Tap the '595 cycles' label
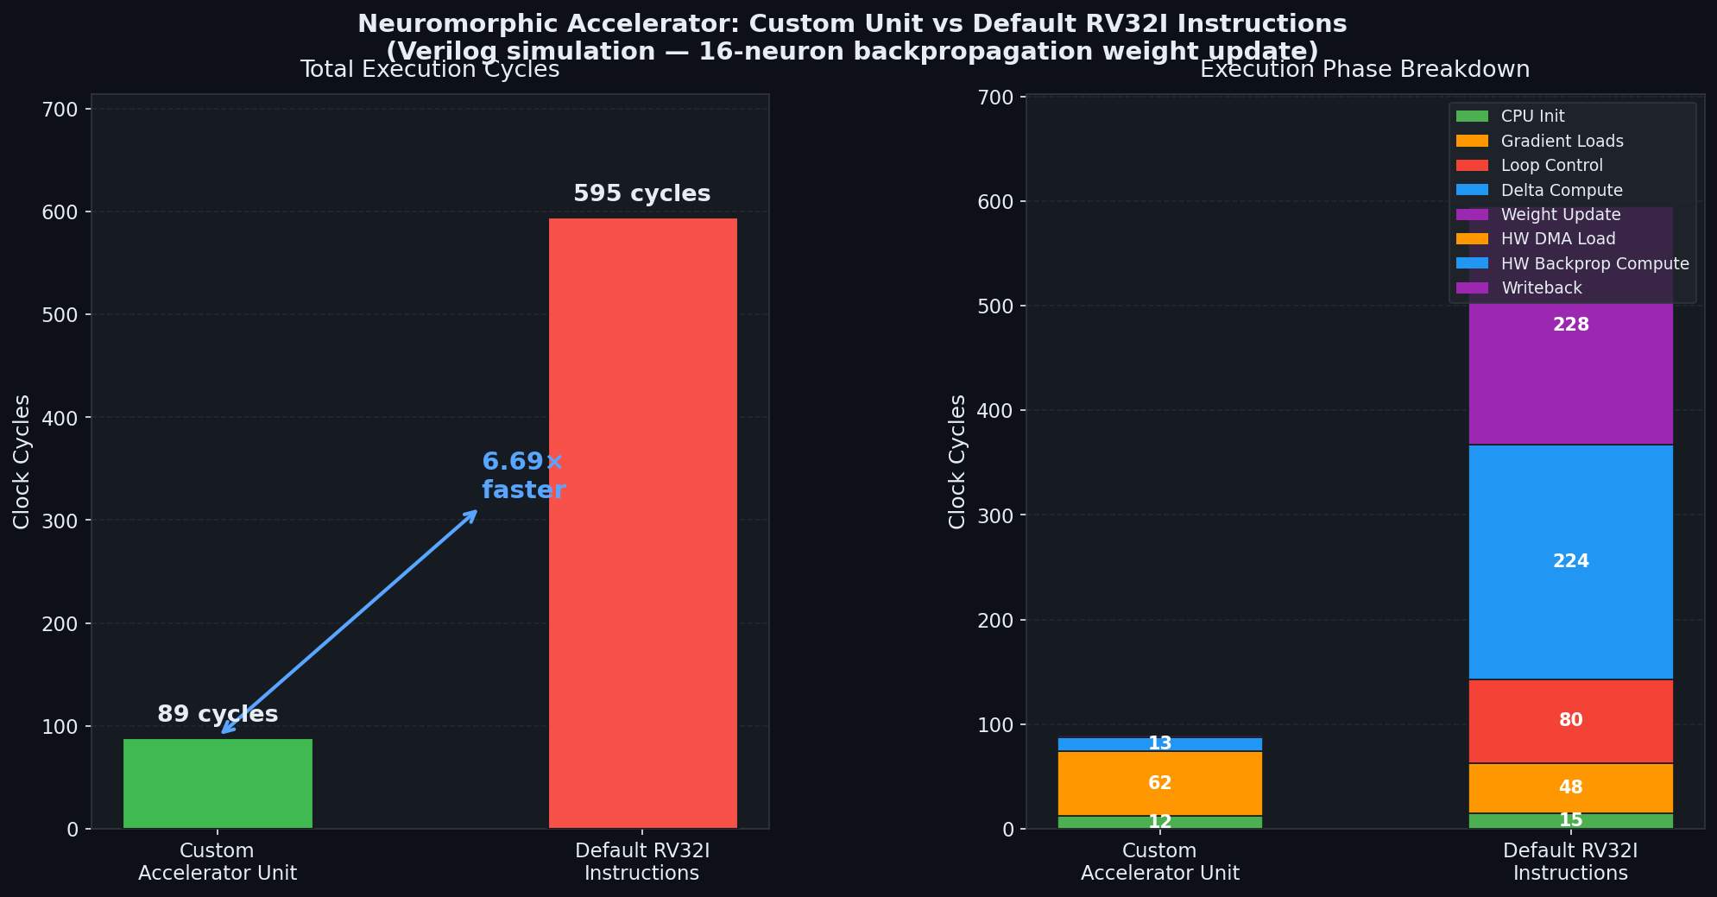tap(641, 193)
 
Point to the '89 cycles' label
tap(218, 714)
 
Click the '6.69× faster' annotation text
tap(523, 476)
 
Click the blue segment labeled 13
tap(1159, 743)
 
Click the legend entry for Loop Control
tap(1551, 166)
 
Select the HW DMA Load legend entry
tap(1558, 239)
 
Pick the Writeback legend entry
tap(1541, 288)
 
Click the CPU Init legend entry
tap(1532, 117)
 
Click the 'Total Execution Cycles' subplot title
tap(429, 70)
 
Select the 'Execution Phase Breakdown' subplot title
tap(1364, 70)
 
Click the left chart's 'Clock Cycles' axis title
tap(22, 461)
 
